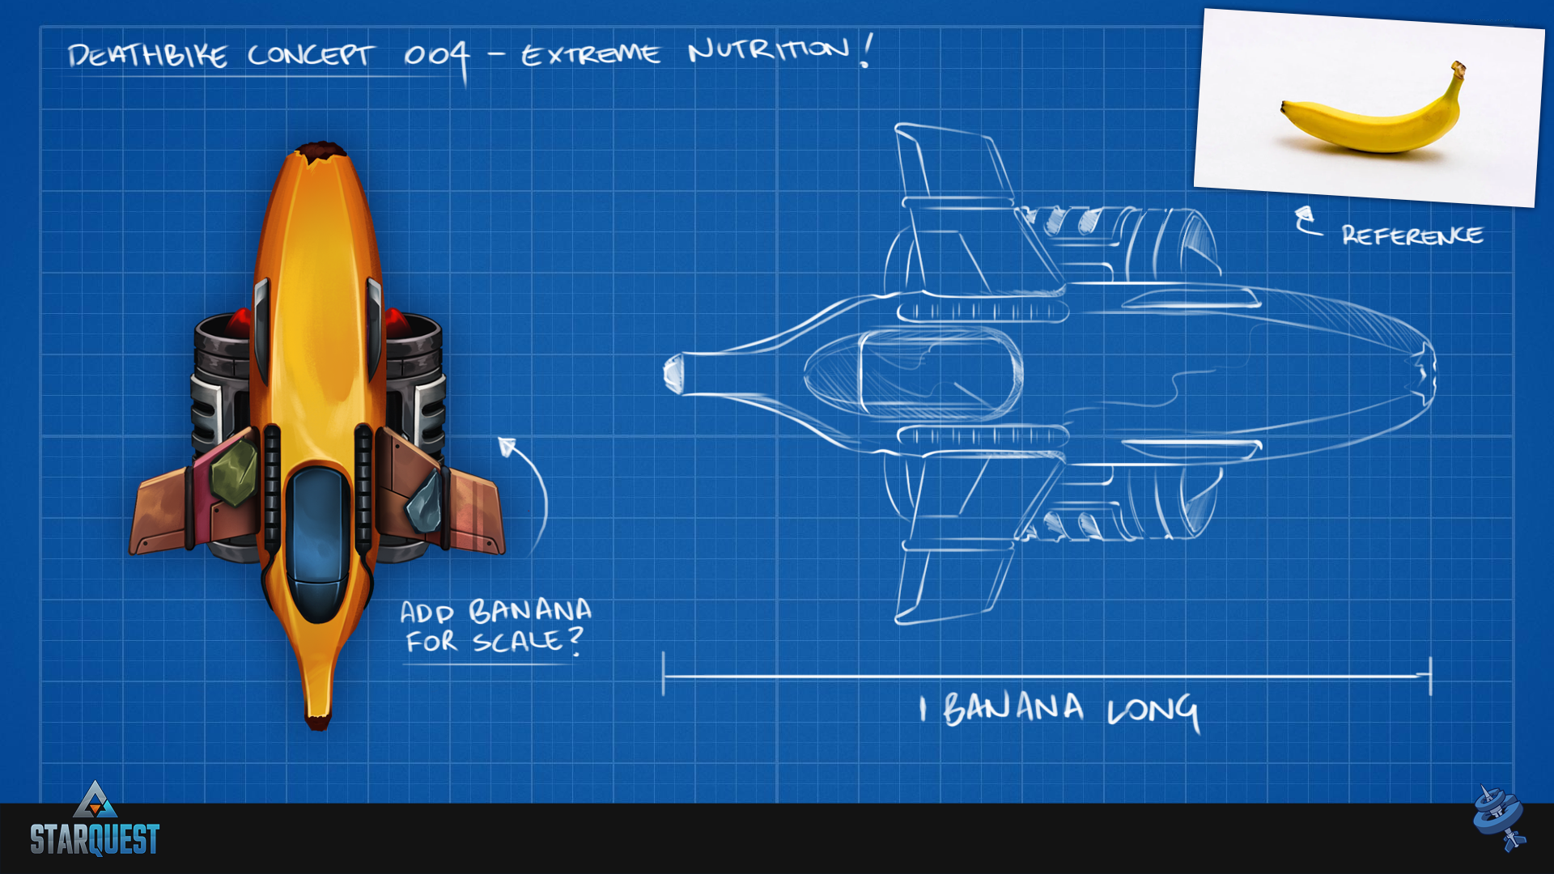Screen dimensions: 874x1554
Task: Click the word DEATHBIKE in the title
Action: click(x=147, y=56)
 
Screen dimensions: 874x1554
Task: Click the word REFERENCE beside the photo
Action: click(x=1412, y=235)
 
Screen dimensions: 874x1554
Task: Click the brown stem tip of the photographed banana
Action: click(x=1458, y=69)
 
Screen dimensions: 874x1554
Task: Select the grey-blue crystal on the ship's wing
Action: click(x=424, y=502)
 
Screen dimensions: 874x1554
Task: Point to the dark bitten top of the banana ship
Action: click(x=321, y=151)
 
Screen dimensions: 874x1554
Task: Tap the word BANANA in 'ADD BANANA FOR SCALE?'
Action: click(x=530, y=611)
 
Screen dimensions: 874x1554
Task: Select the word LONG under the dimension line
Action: click(x=1153, y=711)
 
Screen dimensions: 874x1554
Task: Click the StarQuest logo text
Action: click(x=95, y=839)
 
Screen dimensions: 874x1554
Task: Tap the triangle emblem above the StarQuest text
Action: click(x=96, y=800)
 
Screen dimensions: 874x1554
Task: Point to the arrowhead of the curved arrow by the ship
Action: click(x=507, y=446)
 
